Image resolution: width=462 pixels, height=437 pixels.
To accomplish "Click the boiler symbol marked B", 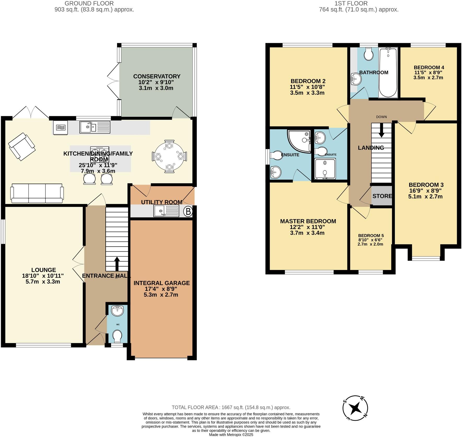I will click(188, 211).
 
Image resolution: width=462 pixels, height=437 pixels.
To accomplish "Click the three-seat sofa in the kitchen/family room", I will click(37, 193).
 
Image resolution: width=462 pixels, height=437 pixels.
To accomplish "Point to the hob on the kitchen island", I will click(100, 154).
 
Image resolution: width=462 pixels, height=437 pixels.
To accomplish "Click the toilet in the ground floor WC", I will click(117, 336).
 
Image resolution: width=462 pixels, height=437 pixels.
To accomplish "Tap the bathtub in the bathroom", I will click(388, 73).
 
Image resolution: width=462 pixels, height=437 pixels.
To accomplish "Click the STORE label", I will click(382, 196).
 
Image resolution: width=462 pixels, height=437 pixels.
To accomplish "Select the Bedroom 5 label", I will click(371, 235).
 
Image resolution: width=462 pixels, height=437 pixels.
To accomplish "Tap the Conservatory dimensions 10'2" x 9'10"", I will click(156, 82).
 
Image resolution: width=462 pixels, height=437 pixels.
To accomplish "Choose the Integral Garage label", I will click(161, 283).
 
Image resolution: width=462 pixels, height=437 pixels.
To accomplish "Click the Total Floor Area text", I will click(231, 407).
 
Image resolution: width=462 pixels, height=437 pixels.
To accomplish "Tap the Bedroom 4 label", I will click(429, 67).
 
